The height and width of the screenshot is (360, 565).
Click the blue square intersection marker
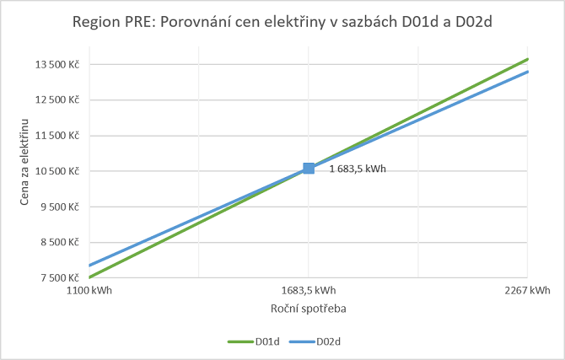(309, 169)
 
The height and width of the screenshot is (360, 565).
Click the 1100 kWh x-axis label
(89, 291)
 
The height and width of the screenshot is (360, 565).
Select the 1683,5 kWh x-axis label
(309, 291)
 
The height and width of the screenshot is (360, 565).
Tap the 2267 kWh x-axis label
(527, 291)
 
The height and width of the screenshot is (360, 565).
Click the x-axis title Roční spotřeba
(309, 309)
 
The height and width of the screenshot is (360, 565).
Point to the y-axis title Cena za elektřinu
(25, 163)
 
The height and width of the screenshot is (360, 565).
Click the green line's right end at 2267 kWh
(527, 59)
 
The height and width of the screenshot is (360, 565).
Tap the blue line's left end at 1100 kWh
(89, 266)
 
